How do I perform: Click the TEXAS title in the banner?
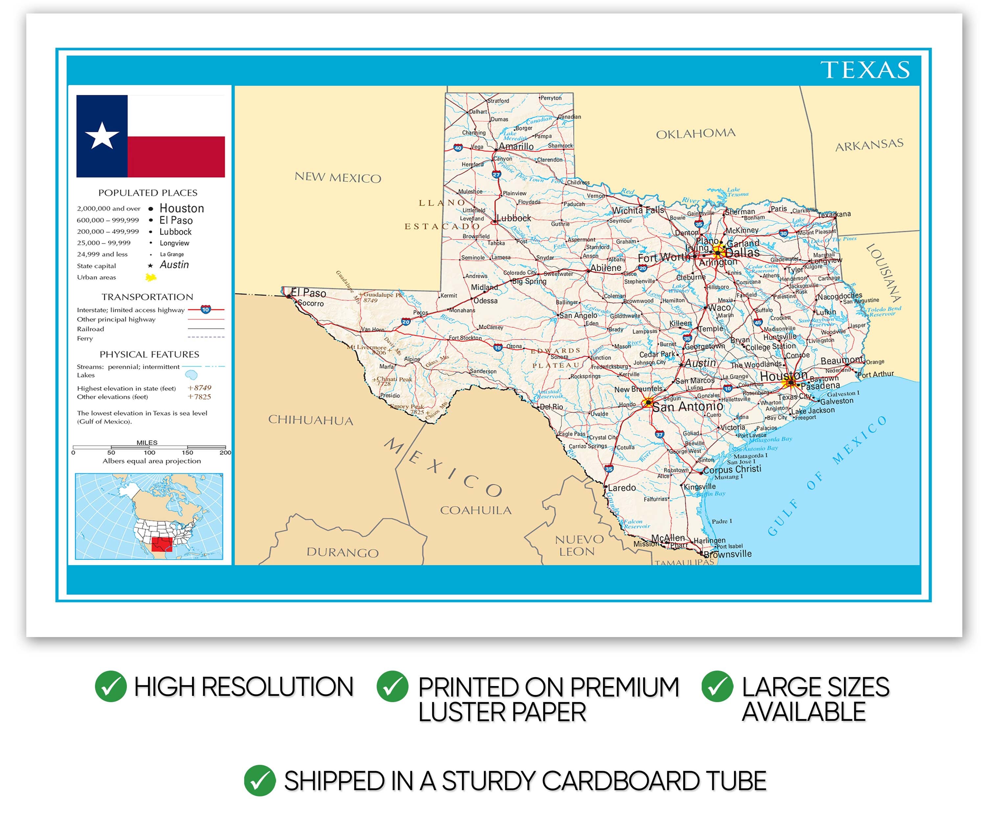(x=865, y=70)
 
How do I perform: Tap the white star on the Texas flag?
(x=102, y=136)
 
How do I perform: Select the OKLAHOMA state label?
(x=695, y=134)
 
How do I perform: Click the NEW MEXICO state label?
(x=338, y=177)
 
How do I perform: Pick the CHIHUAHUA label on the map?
(x=310, y=420)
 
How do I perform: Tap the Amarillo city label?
(x=516, y=146)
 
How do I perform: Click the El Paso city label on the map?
(x=309, y=293)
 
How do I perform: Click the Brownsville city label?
(x=727, y=554)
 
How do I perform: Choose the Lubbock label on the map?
(x=514, y=218)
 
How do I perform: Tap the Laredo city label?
(x=622, y=488)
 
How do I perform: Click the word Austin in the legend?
(x=174, y=265)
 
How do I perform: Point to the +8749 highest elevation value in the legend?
(x=199, y=388)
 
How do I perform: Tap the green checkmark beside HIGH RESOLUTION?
(x=111, y=686)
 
